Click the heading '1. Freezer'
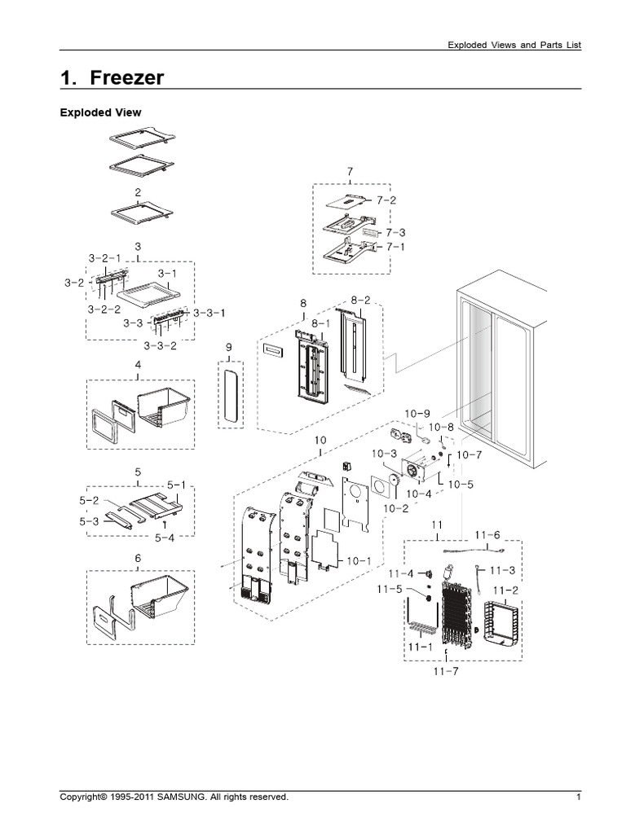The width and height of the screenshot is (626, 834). pyautogui.click(x=112, y=78)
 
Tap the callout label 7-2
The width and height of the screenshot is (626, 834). pyautogui.click(x=386, y=200)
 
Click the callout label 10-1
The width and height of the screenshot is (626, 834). pyautogui.click(x=359, y=560)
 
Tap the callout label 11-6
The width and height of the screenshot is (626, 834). pyautogui.click(x=487, y=534)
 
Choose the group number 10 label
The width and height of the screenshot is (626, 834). pyautogui.click(x=320, y=441)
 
